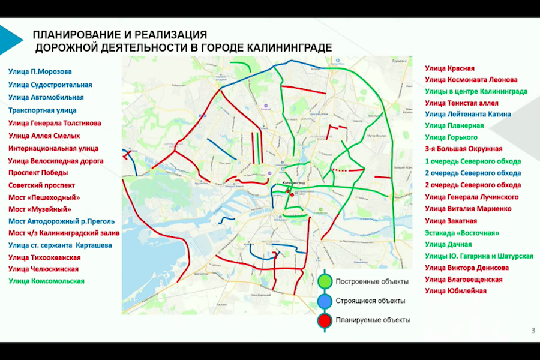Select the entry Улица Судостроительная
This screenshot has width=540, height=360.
(x=50, y=84)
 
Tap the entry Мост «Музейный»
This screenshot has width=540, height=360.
(x=40, y=209)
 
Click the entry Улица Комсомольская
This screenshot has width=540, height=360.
(x=46, y=281)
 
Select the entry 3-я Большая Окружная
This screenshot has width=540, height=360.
(x=464, y=149)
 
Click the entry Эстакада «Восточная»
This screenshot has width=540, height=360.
(x=462, y=232)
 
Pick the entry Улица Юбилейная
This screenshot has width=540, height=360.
(x=455, y=291)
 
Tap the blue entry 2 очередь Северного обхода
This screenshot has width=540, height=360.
(x=473, y=173)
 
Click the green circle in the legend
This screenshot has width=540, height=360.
(x=325, y=281)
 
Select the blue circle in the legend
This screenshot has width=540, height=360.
(x=325, y=301)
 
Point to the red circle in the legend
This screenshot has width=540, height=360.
(x=325, y=320)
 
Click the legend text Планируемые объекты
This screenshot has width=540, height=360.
(x=373, y=320)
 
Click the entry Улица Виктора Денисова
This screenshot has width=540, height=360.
(x=467, y=268)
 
